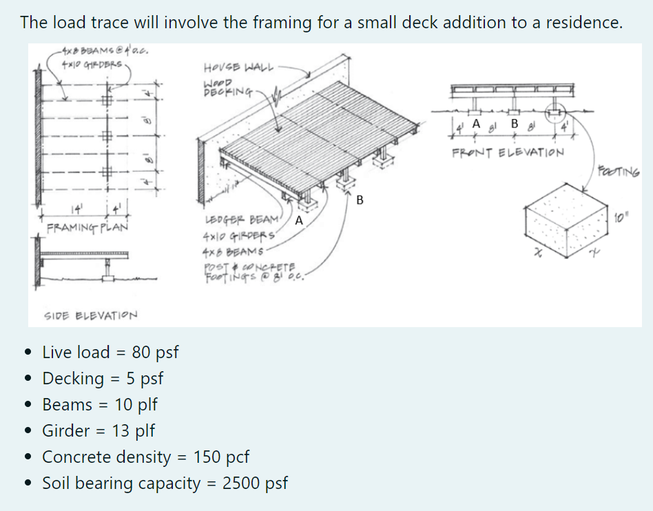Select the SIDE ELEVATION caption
coord(90,315)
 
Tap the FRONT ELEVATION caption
coord(508,152)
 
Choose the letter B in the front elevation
coord(513,123)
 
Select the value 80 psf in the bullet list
coord(155,353)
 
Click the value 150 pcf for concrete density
coord(221,457)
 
